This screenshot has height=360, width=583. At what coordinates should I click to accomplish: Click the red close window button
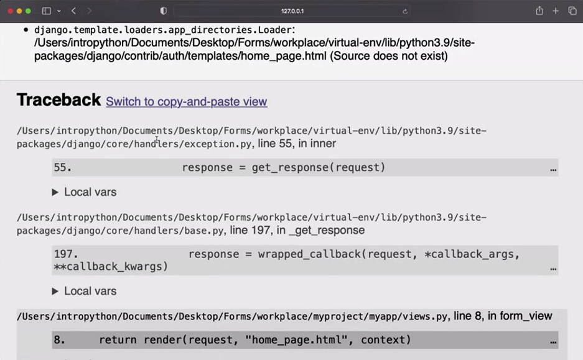click(10, 11)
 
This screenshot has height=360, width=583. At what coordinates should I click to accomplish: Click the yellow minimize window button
click(19, 11)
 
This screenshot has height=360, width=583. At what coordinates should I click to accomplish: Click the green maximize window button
click(28, 11)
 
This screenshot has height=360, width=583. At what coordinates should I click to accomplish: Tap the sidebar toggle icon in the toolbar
click(46, 11)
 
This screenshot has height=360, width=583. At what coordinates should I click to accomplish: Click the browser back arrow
click(73, 11)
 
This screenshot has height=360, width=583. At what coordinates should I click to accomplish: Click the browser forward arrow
click(89, 11)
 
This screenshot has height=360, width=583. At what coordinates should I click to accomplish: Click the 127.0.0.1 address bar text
click(292, 11)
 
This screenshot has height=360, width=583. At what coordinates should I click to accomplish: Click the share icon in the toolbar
click(539, 11)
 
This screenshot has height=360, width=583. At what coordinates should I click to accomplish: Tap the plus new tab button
click(556, 11)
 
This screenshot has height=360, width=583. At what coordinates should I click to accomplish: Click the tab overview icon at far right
click(572, 11)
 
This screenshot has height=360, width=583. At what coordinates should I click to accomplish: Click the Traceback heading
click(58, 100)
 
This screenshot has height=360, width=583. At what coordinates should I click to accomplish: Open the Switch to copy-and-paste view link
click(186, 102)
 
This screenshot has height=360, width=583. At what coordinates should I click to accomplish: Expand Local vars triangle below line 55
click(55, 193)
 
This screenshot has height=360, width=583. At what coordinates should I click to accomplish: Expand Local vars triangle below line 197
click(55, 291)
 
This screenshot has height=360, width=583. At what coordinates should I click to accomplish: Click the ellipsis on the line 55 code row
click(553, 168)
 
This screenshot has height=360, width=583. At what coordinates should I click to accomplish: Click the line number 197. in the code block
click(65, 254)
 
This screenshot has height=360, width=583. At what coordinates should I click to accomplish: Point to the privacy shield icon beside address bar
click(164, 11)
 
